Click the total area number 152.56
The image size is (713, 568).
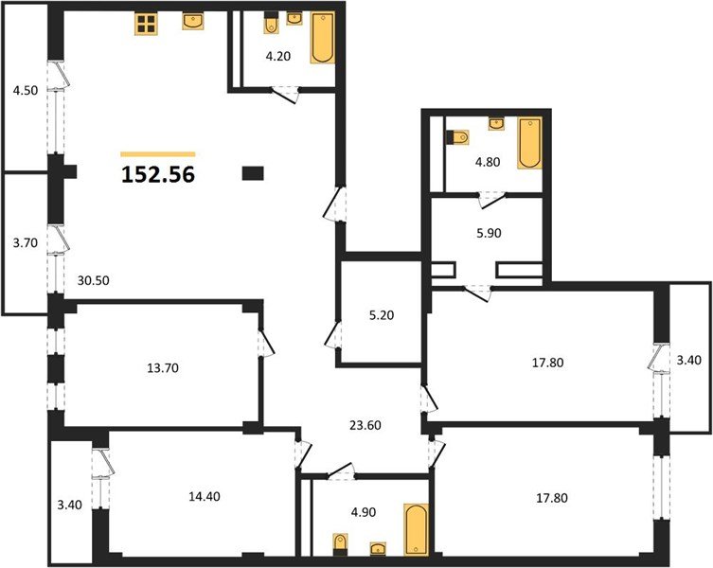158,174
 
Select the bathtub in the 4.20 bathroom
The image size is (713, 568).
323,37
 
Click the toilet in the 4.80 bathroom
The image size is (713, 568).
457,137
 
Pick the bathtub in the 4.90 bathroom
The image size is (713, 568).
416,529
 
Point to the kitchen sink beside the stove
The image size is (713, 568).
193,21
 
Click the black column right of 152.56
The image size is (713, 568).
253,173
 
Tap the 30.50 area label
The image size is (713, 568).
93,280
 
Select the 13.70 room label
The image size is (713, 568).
163,368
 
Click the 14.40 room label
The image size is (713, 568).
205,496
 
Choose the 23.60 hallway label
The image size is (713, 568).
365,425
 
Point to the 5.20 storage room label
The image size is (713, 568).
382,314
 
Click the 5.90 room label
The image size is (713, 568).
489,233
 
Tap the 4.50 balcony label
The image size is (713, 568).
25,91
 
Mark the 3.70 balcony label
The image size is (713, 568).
25,243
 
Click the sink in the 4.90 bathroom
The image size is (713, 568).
378,549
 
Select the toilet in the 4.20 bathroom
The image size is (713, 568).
271,24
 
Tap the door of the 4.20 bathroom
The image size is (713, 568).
286,94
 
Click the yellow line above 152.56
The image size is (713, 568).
158,154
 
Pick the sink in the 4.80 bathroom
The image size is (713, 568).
496,124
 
